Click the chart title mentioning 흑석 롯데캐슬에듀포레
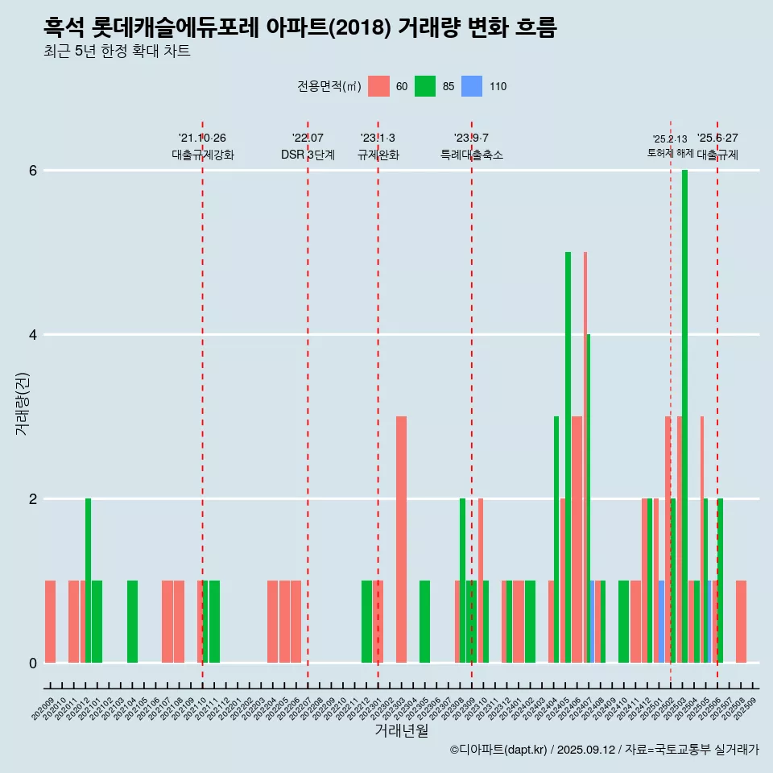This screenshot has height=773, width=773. [300, 27]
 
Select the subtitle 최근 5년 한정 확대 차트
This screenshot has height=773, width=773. [118, 52]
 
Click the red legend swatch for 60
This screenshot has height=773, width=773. [378, 86]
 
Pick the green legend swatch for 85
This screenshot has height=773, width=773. [425, 86]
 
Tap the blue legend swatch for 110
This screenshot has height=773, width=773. [472, 86]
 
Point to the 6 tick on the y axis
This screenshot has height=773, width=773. [33, 171]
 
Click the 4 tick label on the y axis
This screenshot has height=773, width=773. [33, 335]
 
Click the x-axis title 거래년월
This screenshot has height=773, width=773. [401, 730]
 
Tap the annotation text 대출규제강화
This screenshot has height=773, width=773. [203, 155]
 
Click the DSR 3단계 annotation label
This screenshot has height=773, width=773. [308, 155]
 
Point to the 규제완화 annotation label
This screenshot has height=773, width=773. [378, 155]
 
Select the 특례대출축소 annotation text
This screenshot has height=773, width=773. [472, 155]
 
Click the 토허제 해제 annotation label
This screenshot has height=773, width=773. [670, 153]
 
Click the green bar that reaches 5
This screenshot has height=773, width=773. [568, 457]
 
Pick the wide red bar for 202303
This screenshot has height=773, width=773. [401, 539]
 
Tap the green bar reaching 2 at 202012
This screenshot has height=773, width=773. [88, 581]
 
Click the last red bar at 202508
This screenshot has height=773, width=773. [741, 622]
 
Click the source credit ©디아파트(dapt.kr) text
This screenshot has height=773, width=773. [604, 750]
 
